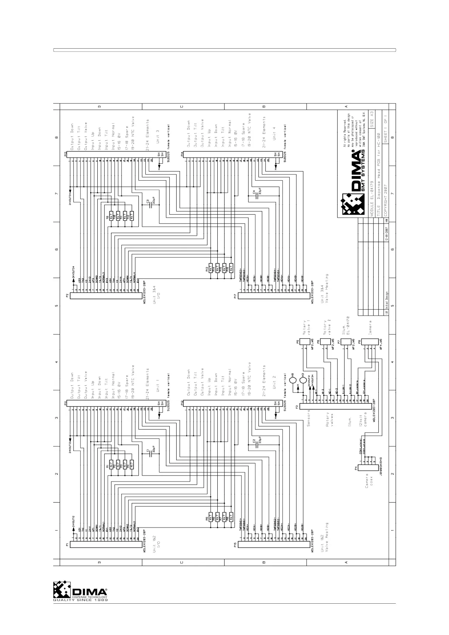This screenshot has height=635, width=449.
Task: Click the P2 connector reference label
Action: click(x=67, y=295)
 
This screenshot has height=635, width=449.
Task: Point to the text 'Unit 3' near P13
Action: click(x=157, y=136)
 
